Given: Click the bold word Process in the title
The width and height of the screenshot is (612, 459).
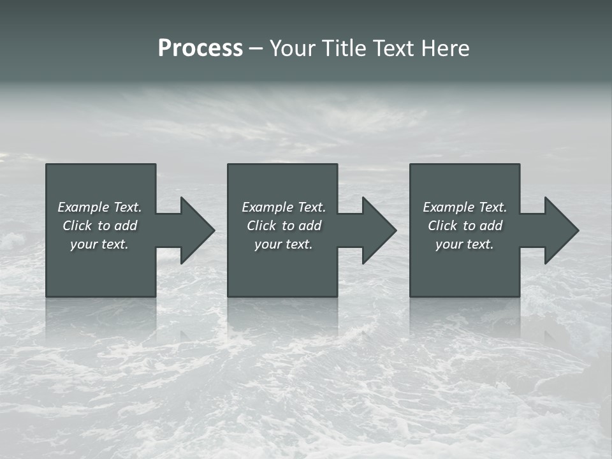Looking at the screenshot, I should point(200,48).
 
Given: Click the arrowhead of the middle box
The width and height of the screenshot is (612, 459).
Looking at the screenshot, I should point(379,230).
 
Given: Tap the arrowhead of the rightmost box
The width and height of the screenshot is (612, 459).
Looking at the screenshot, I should point(561,230).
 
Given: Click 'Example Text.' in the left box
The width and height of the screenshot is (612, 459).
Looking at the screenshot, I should point(99,207).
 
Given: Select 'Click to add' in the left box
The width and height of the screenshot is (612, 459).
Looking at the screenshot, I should point(99,226).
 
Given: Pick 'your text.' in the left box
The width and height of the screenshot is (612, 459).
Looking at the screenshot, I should point(99,244).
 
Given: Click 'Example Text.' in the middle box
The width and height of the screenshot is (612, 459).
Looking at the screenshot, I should point(284,207).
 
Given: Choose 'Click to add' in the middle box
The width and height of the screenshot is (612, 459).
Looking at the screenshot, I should point(284,226).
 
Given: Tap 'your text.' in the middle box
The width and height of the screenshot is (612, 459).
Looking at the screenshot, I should point(284,244).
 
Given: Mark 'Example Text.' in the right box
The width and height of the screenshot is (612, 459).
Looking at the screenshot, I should point(465,207).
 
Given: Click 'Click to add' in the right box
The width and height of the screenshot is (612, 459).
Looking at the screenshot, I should point(465,226).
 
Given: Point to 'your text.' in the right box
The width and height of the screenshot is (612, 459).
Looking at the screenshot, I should point(465,244).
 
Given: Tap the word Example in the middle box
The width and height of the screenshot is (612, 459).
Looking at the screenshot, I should point(266,207).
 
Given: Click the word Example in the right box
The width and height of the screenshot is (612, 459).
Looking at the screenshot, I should point(448,207).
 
